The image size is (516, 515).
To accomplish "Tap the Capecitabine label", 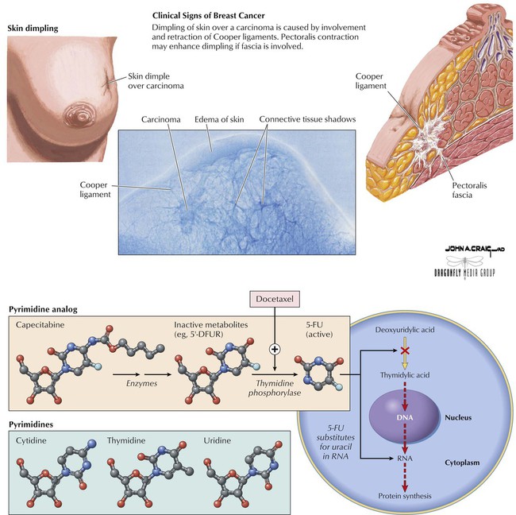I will click(41, 324).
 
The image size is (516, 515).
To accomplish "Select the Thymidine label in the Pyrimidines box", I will click(126, 439).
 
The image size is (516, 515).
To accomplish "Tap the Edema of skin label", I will click(218, 119).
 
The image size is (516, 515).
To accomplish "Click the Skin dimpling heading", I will click(32, 29).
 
